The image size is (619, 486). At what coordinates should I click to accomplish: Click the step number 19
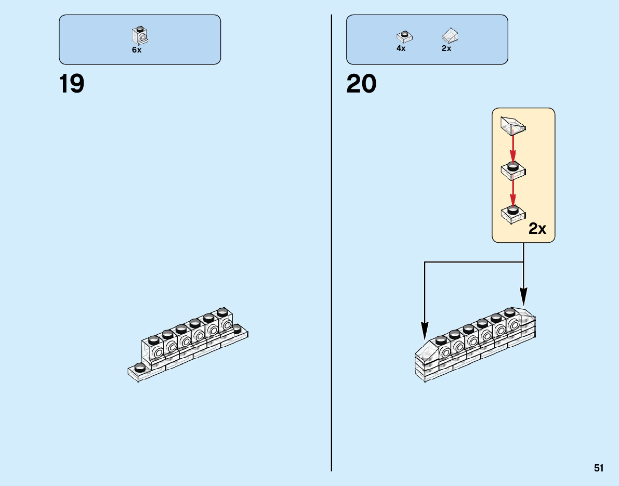[72, 84]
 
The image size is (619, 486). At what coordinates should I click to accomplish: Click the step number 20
[361, 84]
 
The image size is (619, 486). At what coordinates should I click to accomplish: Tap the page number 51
[599, 468]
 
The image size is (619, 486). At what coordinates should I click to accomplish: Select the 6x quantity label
[137, 50]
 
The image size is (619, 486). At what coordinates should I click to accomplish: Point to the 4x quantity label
[401, 48]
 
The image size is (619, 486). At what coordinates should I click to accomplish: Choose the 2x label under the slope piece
[446, 48]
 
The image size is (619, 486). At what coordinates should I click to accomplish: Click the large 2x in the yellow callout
[537, 229]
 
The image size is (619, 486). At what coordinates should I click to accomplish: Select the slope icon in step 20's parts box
[450, 35]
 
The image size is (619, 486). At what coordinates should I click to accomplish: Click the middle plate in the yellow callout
[513, 169]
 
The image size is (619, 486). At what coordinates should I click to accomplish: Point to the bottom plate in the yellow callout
[513, 213]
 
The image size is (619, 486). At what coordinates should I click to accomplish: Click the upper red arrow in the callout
[513, 149]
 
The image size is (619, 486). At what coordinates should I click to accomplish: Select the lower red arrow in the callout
[513, 192]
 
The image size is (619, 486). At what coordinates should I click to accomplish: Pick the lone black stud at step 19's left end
[139, 367]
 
